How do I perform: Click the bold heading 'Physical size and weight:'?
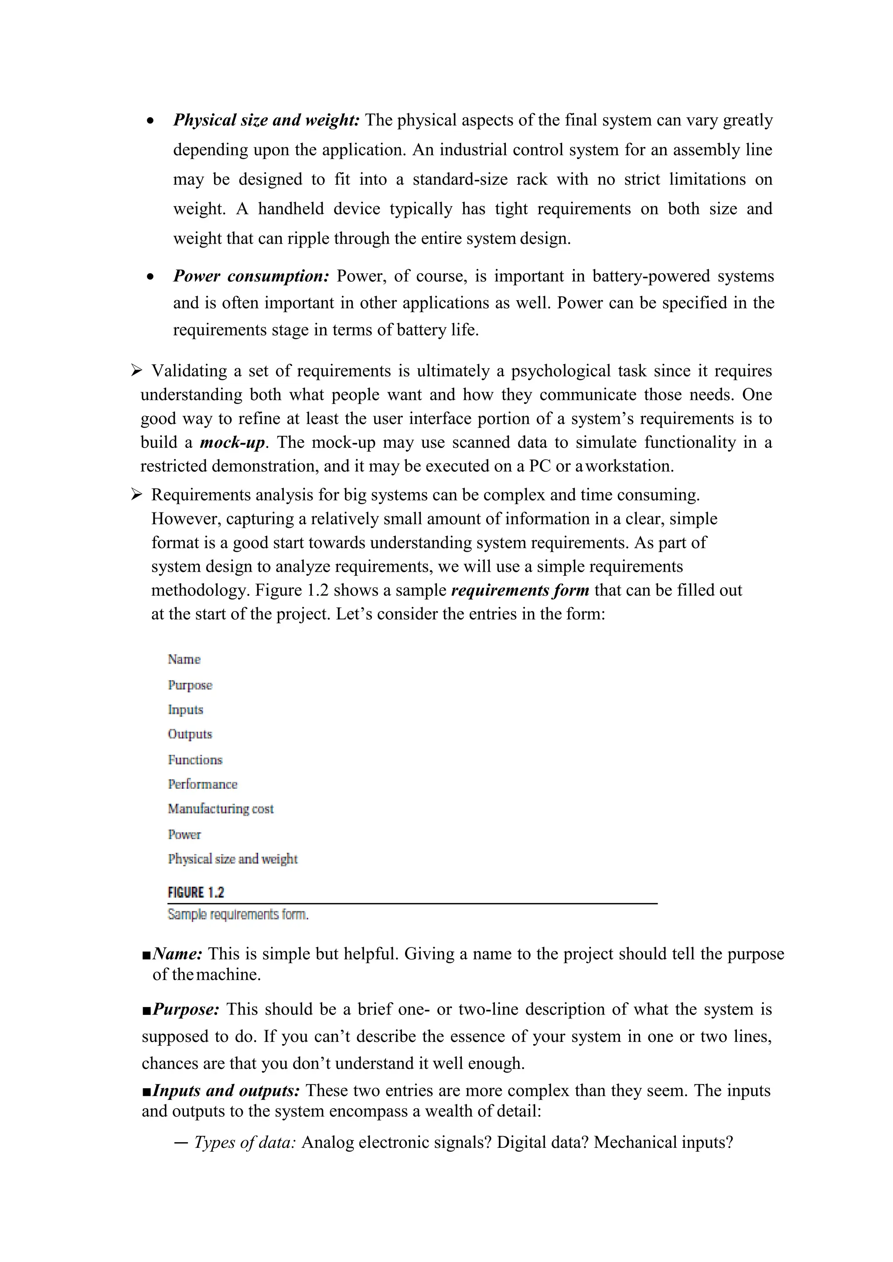point(266,120)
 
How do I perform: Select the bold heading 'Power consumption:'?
point(251,276)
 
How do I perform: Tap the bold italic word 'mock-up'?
point(232,442)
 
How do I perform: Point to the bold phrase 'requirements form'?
point(520,590)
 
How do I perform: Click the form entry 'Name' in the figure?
point(184,659)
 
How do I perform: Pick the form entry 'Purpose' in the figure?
point(190,685)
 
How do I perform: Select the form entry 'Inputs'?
point(185,709)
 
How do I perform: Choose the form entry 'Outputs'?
point(190,734)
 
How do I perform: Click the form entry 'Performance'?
point(202,784)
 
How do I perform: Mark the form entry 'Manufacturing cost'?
point(221,809)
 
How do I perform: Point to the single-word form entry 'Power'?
point(184,835)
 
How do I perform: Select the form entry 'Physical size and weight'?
point(232,859)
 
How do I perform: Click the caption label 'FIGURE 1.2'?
point(196,892)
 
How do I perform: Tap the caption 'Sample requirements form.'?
point(238,915)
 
